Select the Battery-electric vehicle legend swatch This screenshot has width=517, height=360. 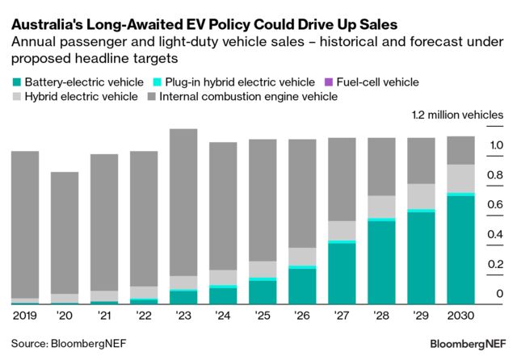click(x=16, y=82)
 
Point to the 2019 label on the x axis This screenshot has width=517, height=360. click(x=25, y=315)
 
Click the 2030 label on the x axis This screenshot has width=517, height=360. click(x=460, y=315)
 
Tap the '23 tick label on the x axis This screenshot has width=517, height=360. click(x=183, y=315)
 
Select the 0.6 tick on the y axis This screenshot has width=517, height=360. click(x=496, y=205)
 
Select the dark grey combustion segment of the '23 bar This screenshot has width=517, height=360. click(x=183, y=202)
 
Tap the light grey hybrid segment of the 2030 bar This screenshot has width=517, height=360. click(x=460, y=178)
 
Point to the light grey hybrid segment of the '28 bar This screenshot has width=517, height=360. click(x=381, y=207)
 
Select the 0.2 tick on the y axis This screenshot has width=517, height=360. click(x=496, y=264)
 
